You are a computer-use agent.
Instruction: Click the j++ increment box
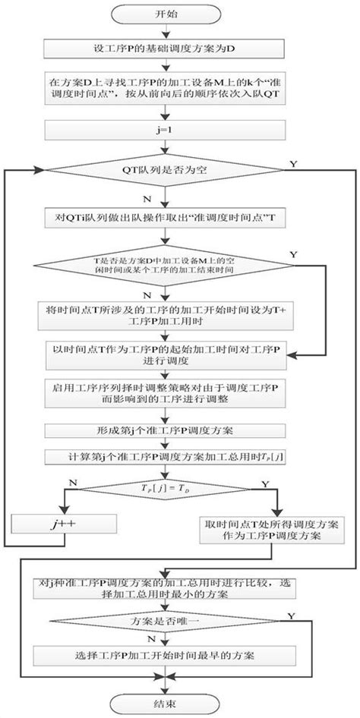tap(63, 523)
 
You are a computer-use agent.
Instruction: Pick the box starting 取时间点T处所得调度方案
tap(262, 529)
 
